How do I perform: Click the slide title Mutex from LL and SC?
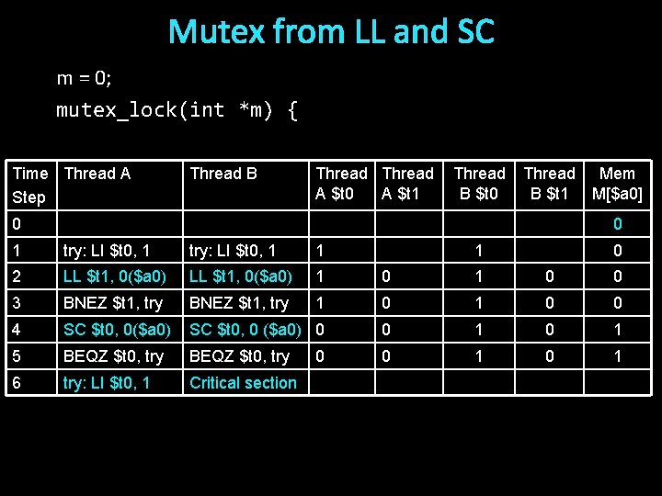click(x=331, y=33)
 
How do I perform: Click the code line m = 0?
click(x=84, y=78)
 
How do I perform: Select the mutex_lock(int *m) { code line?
click(x=177, y=110)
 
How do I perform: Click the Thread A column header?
click(x=97, y=174)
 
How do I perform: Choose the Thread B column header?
click(x=223, y=174)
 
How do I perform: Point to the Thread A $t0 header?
click(x=341, y=184)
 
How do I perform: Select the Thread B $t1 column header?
click(x=549, y=184)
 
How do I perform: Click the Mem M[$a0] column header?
click(x=617, y=184)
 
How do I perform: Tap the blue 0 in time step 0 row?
click(x=618, y=224)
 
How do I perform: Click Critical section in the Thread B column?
click(x=243, y=383)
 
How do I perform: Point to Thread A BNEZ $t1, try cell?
click(x=112, y=303)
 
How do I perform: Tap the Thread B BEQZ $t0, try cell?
click(x=239, y=356)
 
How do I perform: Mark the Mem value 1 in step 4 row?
click(x=618, y=330)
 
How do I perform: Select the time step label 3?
click(x=17, y=303)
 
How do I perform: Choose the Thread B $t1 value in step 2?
click(x=550, y=276)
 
